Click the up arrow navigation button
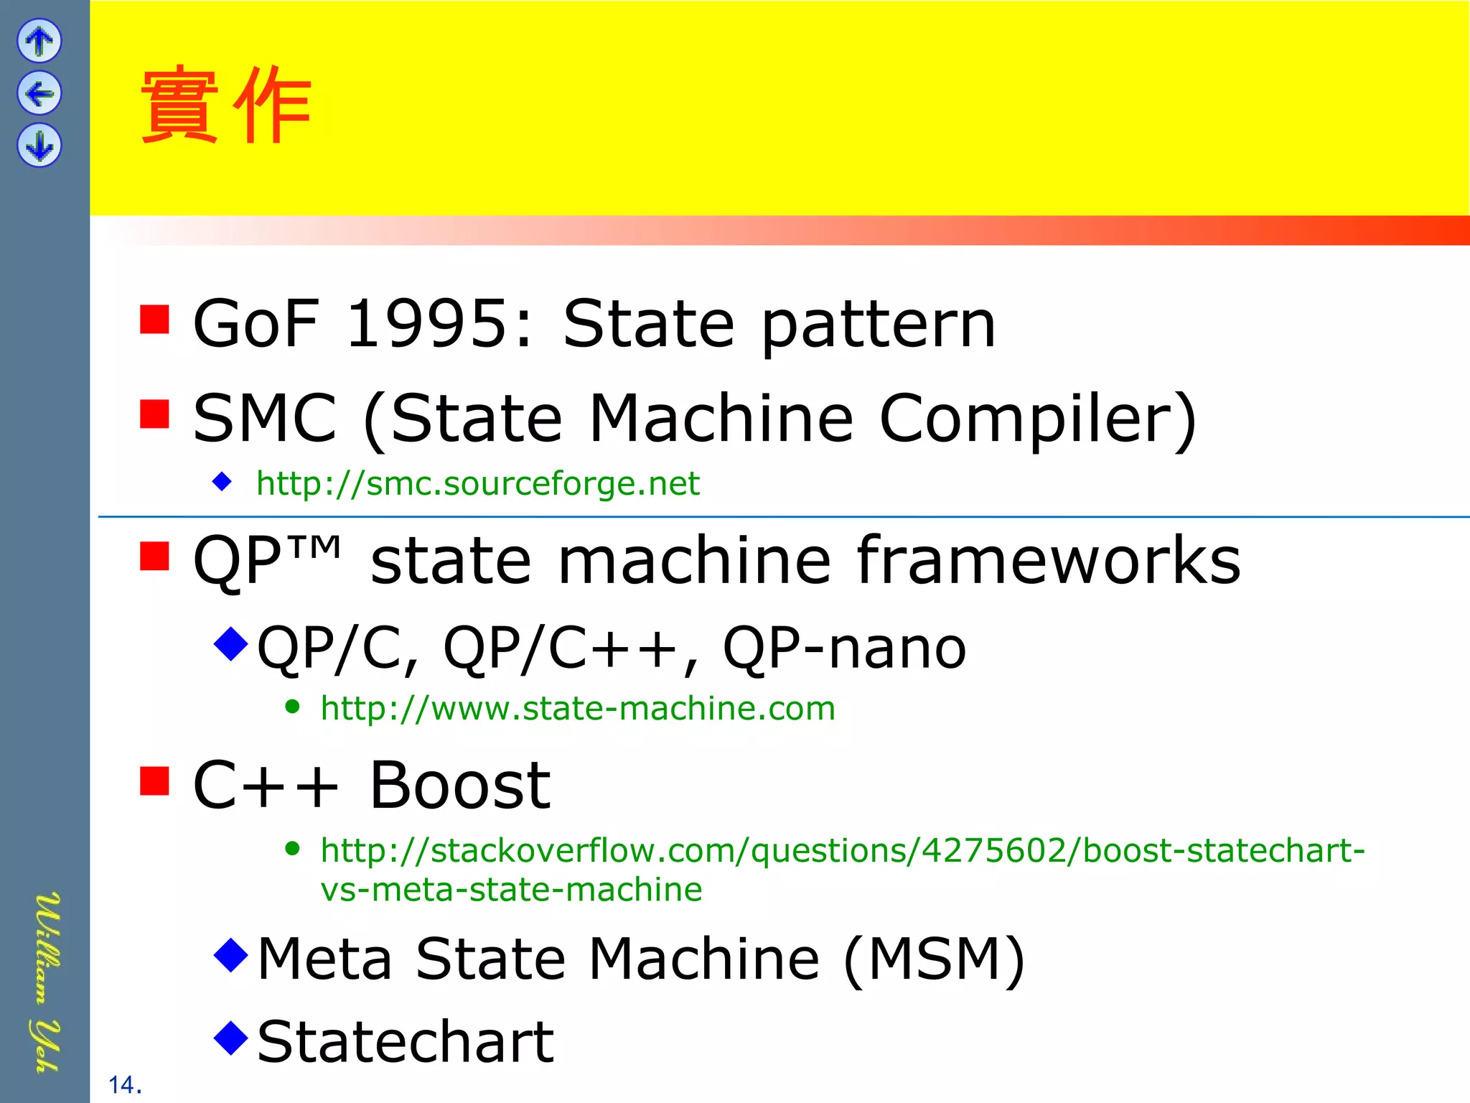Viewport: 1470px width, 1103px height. tap(39, 40)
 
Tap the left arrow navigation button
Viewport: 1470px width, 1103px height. tap(39, 93)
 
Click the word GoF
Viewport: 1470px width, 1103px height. tap(256, 325)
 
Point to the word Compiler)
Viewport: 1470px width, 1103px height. tap(1038, 419)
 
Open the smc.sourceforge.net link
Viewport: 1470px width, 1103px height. tap(477, 483)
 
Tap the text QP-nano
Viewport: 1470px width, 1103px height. tap(844, 648)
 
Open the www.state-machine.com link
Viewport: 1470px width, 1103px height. tap(578, 709)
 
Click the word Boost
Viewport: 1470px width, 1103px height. tap(459, 786)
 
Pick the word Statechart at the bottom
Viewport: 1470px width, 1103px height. tap(406, 1042)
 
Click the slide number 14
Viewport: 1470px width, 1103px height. tap(123, 1085)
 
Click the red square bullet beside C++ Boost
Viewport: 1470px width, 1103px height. tap(154, 781)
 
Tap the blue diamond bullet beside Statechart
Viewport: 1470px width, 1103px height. tap(231, 1038)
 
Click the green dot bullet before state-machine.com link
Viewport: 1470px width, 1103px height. tap(292, 707)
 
